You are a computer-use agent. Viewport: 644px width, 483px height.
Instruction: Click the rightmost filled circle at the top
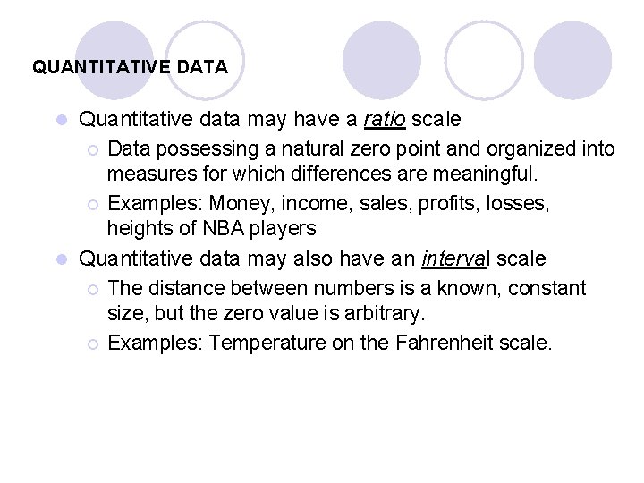click(x=572, y=60)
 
